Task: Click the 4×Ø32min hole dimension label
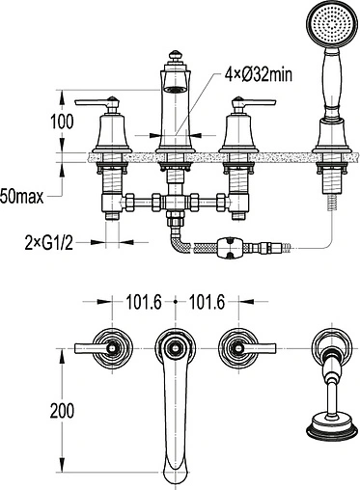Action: (259, 75)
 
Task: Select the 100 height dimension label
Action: (62, 122)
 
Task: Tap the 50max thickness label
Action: (22, 196)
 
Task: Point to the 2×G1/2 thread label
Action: (49, 243)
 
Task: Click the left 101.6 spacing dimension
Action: (143, 302)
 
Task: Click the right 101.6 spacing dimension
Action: (207, 302)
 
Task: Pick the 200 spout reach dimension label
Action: (62, 411)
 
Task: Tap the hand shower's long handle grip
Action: (330, 79)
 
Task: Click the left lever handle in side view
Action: (97, 103)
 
